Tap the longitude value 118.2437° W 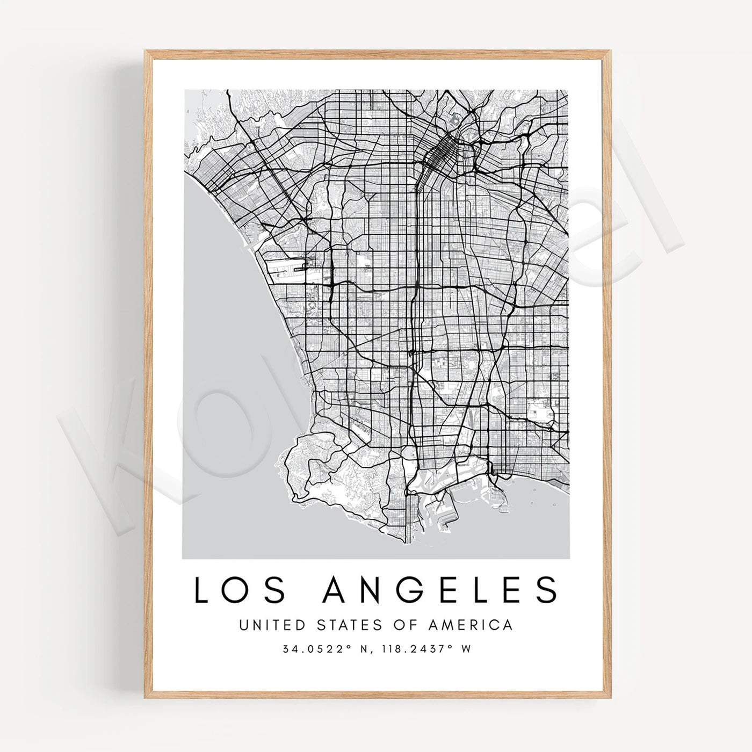coord(426,649)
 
